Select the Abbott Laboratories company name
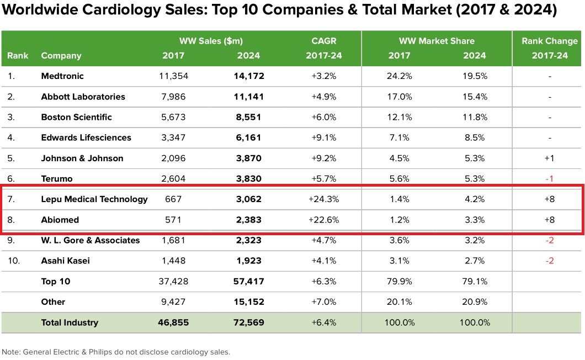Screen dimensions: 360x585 point(83,97)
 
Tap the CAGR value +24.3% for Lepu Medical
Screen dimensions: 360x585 point(323,199)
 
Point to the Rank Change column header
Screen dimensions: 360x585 point(550,41)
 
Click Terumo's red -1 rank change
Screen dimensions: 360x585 point(550,179)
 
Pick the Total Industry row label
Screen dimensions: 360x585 point(70,322)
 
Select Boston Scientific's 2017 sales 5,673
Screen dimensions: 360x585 point(173,117)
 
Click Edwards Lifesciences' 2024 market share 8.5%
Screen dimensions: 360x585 point(475,137)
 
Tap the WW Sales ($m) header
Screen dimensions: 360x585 point(211,41)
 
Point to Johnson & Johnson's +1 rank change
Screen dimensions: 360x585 point(550,158)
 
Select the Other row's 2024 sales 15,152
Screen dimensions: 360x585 point(248,302)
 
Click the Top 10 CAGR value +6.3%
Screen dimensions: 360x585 point(323,282)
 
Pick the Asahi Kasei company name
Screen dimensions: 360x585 point(65,261)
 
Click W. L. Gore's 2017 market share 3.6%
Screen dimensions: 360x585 point(400,240)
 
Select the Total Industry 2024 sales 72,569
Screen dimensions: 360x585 point(248,322)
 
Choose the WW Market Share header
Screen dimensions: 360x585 point(437,41)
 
